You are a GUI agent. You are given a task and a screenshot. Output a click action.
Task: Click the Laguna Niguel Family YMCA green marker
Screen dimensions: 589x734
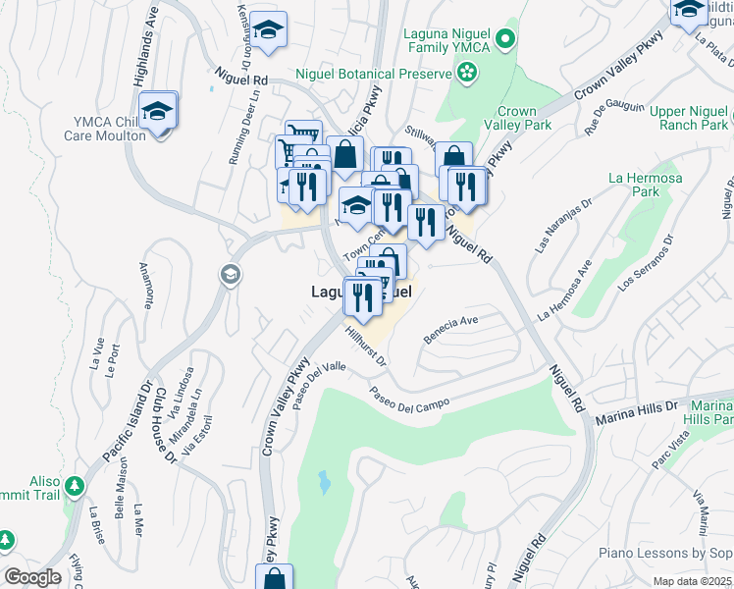tap(505, 39)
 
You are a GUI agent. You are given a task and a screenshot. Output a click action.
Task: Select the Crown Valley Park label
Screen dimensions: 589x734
tap(524, 118)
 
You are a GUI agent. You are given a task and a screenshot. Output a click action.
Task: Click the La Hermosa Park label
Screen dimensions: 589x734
tap(633, 185)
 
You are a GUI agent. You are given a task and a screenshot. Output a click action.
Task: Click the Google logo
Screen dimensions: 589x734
tap(32, 577)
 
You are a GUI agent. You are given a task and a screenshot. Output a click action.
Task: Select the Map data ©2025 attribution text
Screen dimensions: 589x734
tap(692, 581)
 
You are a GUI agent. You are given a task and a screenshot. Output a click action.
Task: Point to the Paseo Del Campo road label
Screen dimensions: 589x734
tap(409, 400)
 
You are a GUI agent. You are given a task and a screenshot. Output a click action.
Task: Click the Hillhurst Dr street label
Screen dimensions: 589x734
tap(368, 346)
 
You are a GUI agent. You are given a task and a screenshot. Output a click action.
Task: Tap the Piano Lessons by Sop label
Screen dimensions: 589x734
tap(665, 554)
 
